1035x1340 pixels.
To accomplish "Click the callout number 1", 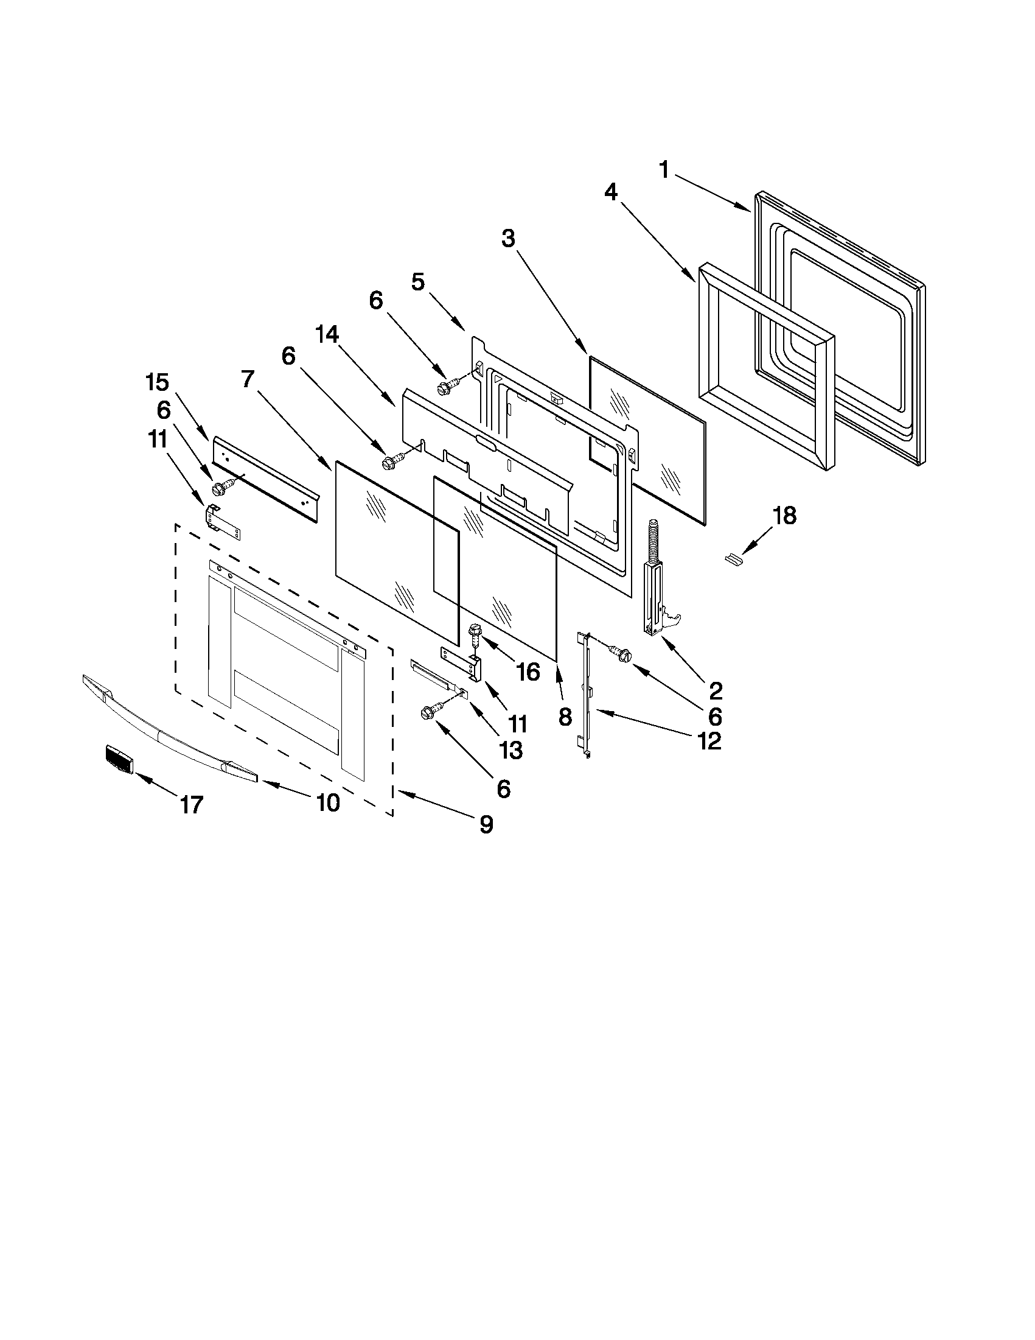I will coord(664,169).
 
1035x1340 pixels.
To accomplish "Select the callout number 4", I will coord(611,192).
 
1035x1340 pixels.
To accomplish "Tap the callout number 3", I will coord(507,239).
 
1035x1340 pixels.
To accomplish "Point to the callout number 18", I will coord(784,516).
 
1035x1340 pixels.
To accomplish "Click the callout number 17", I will coord(191,804).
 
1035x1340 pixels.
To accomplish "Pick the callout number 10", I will coord(329,801).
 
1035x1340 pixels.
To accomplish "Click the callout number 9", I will coord(486,825).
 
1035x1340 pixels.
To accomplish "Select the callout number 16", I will coord(529,672).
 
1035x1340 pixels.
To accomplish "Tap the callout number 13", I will coord(511,750).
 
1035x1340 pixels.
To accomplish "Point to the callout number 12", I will coord(708,741).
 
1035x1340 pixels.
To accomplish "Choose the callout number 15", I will coord(157,382).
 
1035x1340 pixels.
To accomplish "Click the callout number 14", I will coord(327,335).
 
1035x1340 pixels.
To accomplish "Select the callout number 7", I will coord(247,379).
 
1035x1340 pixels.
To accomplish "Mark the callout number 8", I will coord(565,716).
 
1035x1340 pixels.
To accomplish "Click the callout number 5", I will coord(417,282).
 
